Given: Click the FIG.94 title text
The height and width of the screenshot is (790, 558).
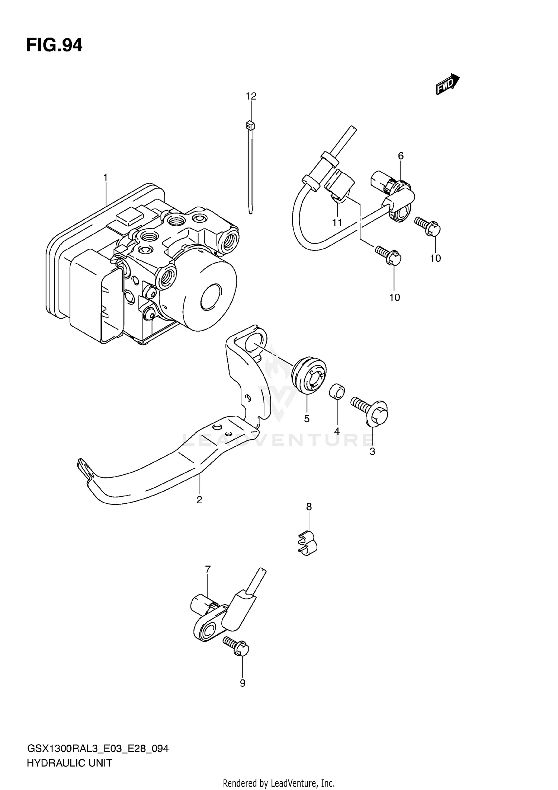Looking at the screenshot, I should tap(54, 45).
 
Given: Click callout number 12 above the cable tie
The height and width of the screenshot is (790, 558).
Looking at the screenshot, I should tap(251, 96).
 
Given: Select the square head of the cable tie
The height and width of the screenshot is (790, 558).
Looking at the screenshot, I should tap(250, 125).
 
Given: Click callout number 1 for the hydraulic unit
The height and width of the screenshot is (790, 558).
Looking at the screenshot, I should tap(106, 178).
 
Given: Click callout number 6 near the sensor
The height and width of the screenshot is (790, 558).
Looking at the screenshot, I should tap(401, 156).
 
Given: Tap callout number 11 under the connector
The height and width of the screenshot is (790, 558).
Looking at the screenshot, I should tap(337, 223).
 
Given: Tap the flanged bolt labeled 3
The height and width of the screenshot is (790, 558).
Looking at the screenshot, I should tap(371, 411).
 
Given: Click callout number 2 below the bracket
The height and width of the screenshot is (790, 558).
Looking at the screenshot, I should tap(199, 500).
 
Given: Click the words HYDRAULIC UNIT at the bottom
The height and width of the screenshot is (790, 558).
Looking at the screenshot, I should tap(69, 763).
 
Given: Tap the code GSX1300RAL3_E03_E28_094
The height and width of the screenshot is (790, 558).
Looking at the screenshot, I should tap(98, 749).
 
